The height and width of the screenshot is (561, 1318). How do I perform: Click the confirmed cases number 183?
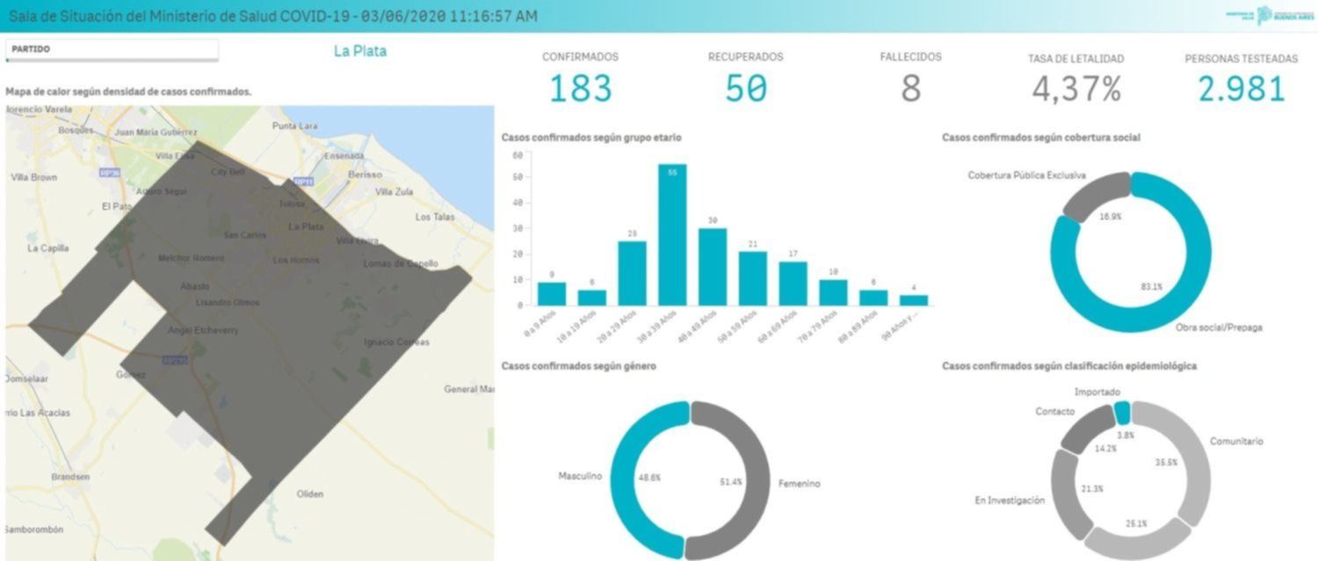pos(580,89)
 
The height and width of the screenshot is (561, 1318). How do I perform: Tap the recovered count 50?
pos(745,89)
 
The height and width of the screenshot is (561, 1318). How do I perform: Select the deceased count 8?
pos(910,89)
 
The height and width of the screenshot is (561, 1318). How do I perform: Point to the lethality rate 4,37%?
pos(1075,90)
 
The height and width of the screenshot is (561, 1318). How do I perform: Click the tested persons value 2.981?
pos(1241,89)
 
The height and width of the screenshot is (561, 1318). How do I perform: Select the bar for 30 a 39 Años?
pos(672,235)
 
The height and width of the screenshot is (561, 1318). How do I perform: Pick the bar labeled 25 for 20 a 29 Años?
pos(632,273)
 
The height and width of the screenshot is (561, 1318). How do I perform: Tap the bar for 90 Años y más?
pos(913,300)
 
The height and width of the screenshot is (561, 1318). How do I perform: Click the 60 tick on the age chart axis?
pos(518,155)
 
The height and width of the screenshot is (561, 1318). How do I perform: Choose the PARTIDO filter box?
pos(112,50)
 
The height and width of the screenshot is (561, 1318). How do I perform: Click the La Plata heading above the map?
pos(359,51)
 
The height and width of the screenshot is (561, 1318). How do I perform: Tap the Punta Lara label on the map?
pos(294,126)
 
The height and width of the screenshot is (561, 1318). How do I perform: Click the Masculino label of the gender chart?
pos(580,476)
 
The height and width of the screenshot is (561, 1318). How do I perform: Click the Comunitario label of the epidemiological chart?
pos(1236,442)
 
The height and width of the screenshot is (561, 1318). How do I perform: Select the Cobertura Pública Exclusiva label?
pos(1026,176)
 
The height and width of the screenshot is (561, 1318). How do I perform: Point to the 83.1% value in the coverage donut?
pos(1145,286)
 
